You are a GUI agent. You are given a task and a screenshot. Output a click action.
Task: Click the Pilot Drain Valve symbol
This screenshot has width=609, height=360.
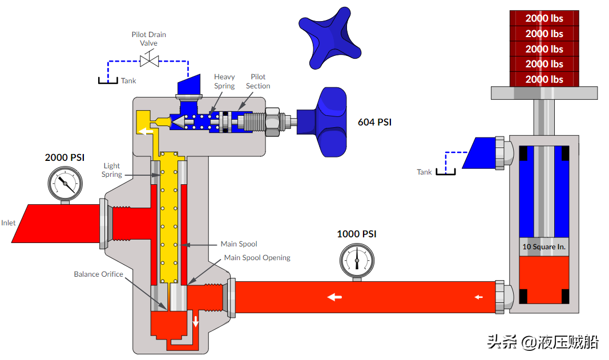click(149, 61)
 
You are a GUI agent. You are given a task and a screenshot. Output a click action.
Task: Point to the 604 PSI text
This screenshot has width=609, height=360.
click(374, 122)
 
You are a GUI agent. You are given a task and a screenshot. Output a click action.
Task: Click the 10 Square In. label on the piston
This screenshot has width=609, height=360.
click(544, 246)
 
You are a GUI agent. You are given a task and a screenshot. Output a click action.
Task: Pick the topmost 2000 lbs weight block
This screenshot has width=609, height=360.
click(544, 18)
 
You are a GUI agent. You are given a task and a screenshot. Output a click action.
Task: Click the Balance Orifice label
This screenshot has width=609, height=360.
click(98, 274)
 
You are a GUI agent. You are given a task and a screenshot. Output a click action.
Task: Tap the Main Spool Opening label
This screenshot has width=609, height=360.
click(257, 258)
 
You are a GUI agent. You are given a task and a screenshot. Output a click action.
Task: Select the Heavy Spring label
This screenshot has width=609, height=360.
click(224, 82)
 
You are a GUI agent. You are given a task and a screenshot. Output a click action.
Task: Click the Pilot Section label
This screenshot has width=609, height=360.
click(258, 82)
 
